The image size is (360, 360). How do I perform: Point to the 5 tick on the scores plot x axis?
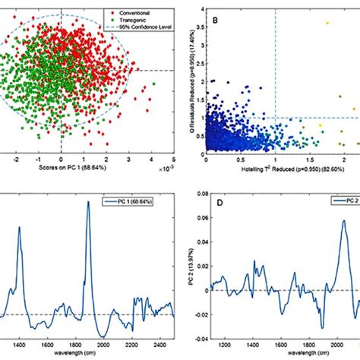pos(174,161)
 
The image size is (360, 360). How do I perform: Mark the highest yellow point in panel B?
pos(327,23)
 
